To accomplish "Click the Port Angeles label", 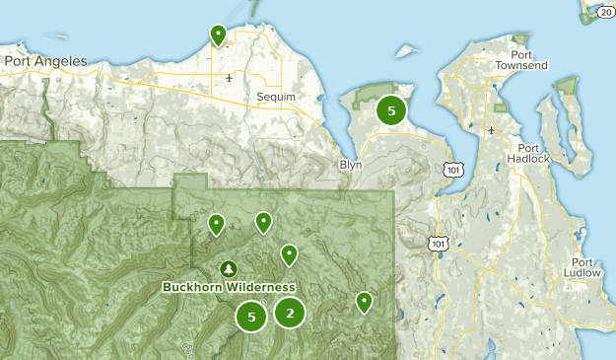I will (45, 61).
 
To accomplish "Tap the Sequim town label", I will (275, 97).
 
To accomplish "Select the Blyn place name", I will (351, 165).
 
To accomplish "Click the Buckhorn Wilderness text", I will (229, 287).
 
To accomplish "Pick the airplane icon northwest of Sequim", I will (229, 77).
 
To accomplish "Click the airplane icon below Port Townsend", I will (491, 129).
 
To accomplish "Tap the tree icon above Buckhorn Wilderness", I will (229, 268).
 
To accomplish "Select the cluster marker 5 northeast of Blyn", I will (391, 110).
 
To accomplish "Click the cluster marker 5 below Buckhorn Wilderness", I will (252, 317).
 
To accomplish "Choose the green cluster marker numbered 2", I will (290, 314).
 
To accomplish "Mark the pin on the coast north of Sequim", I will (218, 36).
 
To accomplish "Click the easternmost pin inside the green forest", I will (364, 301).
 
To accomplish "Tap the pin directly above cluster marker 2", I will (289, 254).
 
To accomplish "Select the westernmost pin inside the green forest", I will (216, 225).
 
